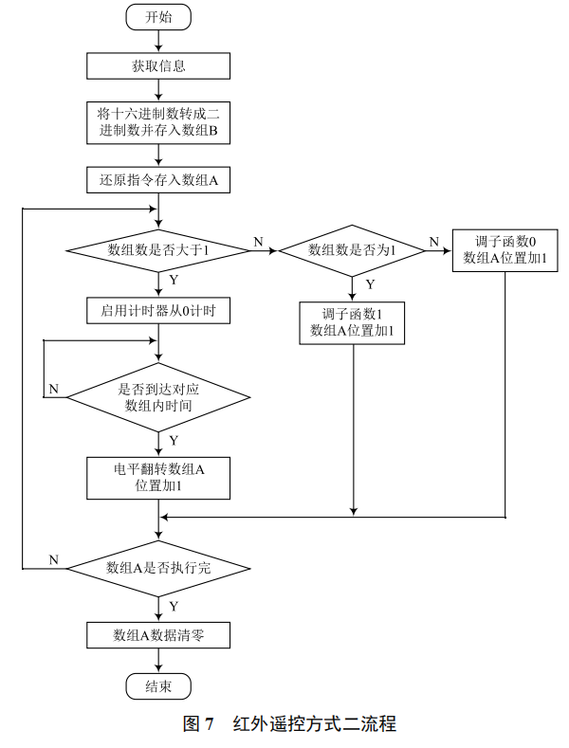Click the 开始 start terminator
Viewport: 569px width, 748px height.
[158, 17]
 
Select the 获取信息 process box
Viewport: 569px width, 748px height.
[158, 65]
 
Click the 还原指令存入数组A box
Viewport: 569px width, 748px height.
[158, 179]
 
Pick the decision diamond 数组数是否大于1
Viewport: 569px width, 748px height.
[158, 250]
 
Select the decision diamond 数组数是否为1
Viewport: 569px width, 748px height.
[352, 250]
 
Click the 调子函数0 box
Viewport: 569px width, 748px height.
[505, 250]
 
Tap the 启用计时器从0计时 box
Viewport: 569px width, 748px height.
[158, 310]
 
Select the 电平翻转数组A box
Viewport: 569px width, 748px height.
[158, 477]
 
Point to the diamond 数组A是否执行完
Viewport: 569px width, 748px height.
[158, 568]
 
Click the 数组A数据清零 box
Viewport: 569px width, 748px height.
[158, 634]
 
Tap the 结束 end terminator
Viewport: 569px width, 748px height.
[158, 685]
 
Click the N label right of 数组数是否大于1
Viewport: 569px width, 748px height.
[258, 243]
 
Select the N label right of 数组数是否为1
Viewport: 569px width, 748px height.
[433, 243]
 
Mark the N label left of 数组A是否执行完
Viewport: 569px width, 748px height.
[53, 560]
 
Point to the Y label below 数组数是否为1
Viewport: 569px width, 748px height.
[370, 283]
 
